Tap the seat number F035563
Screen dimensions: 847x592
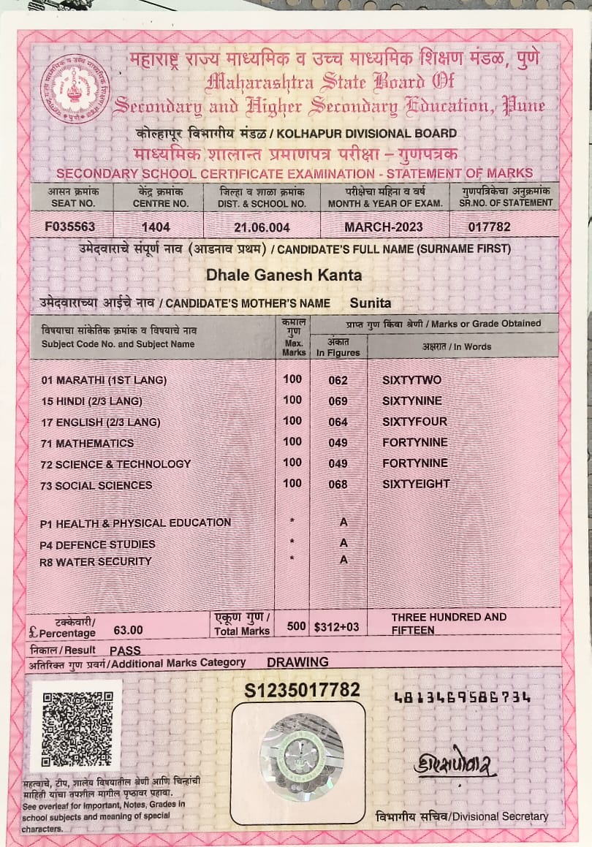point(69,227)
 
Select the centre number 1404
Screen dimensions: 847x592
point(156,227)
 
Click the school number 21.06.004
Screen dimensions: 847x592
point(262,227)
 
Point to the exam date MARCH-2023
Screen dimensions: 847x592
point(383,227)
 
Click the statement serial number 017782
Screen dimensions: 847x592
point(489,227)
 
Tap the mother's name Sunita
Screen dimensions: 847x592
point(371,303)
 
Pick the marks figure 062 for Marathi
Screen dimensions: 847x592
point(338,381)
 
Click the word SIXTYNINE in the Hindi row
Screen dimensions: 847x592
point(415,400)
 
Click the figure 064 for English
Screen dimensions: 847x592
point(338,422)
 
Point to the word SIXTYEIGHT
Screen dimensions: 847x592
point(416,484)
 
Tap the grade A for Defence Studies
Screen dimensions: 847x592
point(344,543)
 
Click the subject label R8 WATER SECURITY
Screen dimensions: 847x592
point(95,561)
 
